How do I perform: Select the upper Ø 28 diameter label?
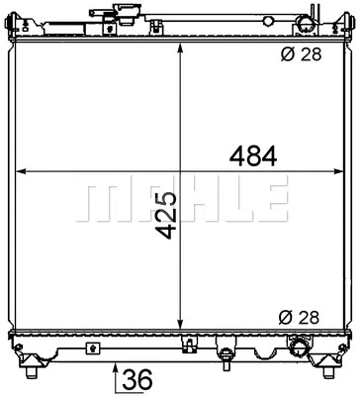[303, 55]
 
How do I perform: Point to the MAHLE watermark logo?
[181, 201]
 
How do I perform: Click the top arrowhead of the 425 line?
[179, 49]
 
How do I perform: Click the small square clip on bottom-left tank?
[92, 348]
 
